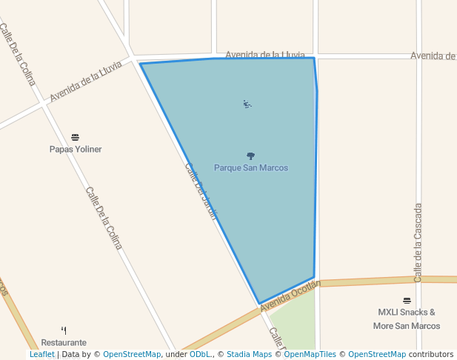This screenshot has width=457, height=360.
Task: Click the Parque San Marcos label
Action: [x=250, y=168]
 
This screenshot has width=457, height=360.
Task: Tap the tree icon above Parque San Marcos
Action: [x=250, y=156]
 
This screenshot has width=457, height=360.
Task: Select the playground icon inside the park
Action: [x=247, y=104]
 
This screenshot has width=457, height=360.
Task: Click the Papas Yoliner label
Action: [x=76, y=149]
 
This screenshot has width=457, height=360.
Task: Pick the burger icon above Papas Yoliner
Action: [x=75, y=138]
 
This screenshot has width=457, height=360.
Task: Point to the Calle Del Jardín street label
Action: [x=201, y=191]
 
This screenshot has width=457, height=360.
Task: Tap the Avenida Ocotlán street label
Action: [x=290, y=295]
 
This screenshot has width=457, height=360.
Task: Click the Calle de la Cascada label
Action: [x=418, y=242]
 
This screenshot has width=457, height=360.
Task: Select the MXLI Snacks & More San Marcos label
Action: [x=407, y=319]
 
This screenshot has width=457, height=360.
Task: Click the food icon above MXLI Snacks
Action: [x=407, y=301]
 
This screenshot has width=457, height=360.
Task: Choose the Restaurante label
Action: [x=64, y=342]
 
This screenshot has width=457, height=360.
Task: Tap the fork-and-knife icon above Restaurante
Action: [x=64, y=330]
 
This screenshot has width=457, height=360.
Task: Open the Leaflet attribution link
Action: [x=42, y=355]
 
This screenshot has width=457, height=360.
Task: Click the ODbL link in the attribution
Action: [x=199, y=355]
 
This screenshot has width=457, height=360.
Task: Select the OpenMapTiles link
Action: [x=310, y=355]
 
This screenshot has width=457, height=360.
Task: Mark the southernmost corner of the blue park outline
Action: [x=259, y=304]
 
